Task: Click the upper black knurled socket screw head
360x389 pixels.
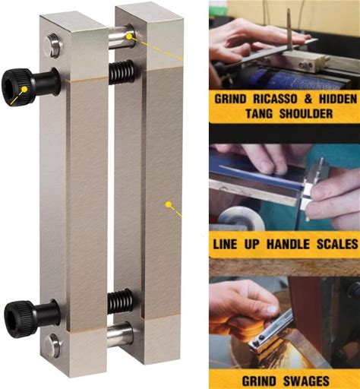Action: (x=17, y=87)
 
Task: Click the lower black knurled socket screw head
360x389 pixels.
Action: (x=18, y=316)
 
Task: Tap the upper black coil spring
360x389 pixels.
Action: (x=122, y=72)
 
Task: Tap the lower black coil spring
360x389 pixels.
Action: (x=120, y=301)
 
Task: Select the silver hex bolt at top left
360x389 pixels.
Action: (x=53, y=46)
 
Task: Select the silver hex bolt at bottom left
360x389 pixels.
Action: (x=52, y=346)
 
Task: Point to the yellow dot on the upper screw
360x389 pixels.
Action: (x=24, y=89)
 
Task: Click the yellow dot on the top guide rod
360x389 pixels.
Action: (x=129, y=36)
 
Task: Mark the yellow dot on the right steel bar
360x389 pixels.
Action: (x=168, y=204)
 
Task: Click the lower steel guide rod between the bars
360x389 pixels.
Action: (x=120, y=331)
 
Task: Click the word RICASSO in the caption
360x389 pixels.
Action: (x=275, y=99)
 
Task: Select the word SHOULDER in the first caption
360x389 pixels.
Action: (x=306, y=113)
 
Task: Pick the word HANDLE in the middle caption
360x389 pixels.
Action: (x=288, y=245)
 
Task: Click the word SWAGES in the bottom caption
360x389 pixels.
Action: (x=306, y=381)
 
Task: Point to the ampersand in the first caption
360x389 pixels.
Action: (x=308, y=99)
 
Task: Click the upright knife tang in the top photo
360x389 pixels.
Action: (x=289, y=30)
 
